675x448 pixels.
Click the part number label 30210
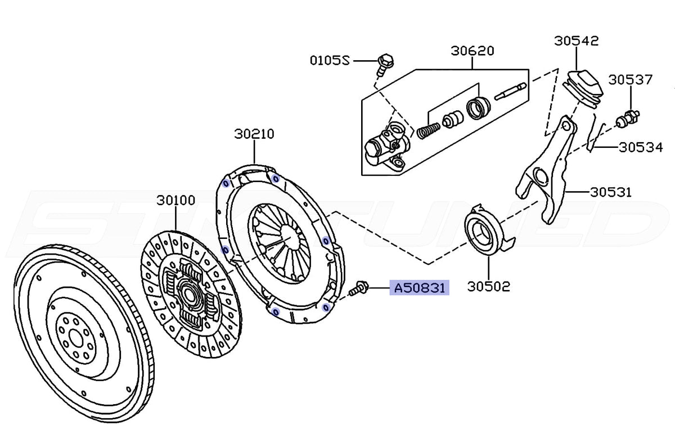(x=254, y=134)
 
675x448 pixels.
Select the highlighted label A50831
(x=419, y=288)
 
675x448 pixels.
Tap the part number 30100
(x=176, y=201)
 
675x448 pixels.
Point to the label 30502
(x=488, y=286)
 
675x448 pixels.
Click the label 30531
(x=611, y=192)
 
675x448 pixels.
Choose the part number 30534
(x=641, y=147)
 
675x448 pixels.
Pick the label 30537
(x=631, y=80)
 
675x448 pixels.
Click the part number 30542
(x=577, y=41)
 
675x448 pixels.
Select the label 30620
(x=472, y=51)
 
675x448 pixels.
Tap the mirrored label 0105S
(x=330, y=61)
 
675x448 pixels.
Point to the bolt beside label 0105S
(x=384, y=65)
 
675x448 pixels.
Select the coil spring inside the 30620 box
(x=428, y=130)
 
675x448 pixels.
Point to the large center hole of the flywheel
(x=75, y=341)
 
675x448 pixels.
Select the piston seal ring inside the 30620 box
(x=478, y=108)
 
